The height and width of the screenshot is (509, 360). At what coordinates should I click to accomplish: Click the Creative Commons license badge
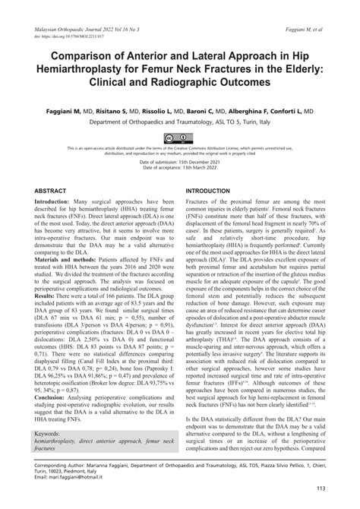click(180, 138)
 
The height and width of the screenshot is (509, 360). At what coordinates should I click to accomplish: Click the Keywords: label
click(52, 434)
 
